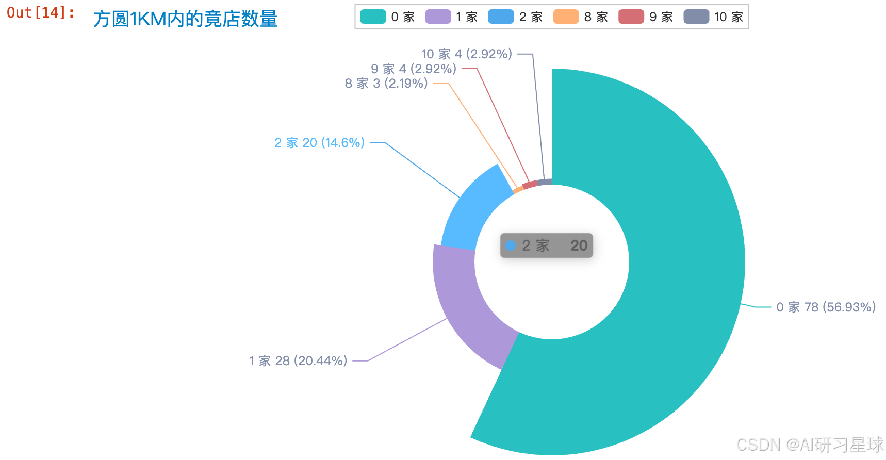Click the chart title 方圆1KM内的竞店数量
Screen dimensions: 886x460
pos(185,19)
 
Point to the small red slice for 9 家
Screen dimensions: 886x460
pos(530,185)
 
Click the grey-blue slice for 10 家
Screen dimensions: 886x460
pos(545,182)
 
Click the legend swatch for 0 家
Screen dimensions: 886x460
pos(373,17)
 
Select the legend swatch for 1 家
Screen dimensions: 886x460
pos(438,17)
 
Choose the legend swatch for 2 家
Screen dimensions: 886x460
pos(501,17)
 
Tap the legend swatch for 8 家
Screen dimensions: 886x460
pos(566,17)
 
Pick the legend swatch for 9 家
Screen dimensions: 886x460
pos(631,17)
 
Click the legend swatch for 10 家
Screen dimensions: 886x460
pos(696,17)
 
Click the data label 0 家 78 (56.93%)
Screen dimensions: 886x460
pos(826,307)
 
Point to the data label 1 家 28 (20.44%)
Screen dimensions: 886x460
pos(298,360)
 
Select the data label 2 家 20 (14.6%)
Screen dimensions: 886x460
pos(319,142)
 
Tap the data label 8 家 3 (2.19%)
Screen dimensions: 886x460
pos(386,84)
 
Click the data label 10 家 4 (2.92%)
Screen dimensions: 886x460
pos(467,54)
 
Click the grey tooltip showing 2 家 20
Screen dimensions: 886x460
pos(547,245)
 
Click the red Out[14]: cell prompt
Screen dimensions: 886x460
pos(41,12)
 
